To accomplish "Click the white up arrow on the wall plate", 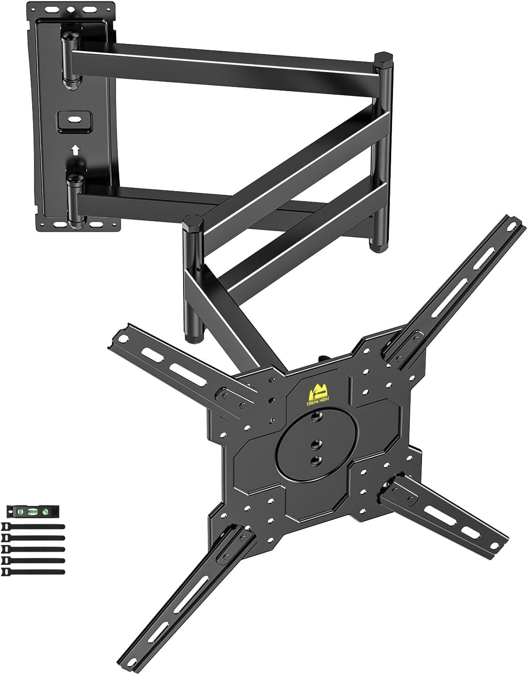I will [75, 149].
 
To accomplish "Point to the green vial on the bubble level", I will [32, 512].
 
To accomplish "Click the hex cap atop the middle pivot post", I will [193, 223].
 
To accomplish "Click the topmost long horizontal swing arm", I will [227, 63].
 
